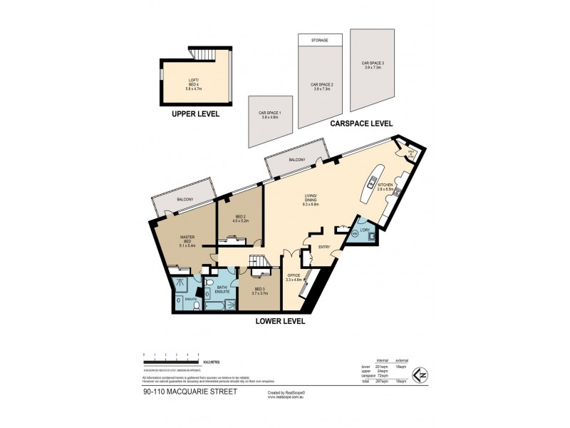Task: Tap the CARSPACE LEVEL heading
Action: tap(361, 123)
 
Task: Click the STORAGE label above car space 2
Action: tap(320, 41)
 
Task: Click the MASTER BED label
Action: tap(187, 240)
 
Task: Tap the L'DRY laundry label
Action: tap(366, 230)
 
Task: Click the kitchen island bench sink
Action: tap(372, 183)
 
